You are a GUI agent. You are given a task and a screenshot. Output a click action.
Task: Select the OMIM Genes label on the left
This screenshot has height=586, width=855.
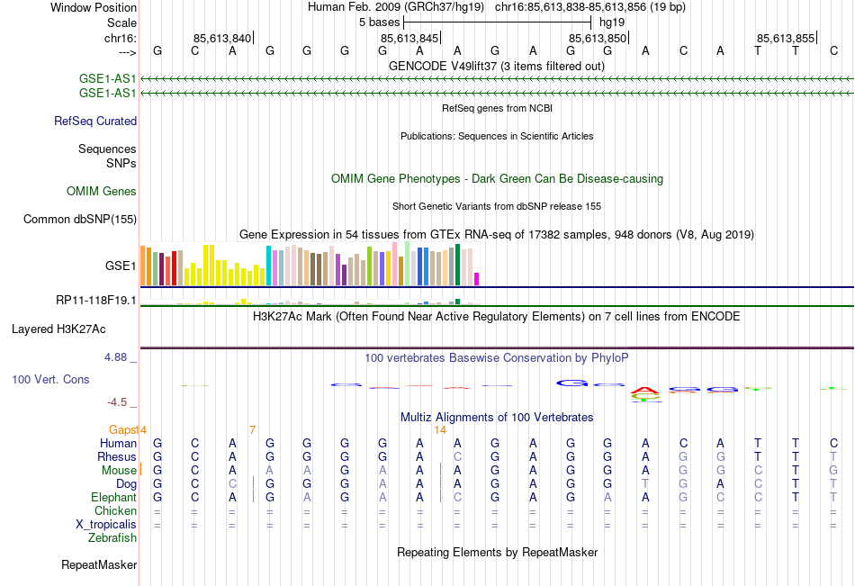coord(102,191)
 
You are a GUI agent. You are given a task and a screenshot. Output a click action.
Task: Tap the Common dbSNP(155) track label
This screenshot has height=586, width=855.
coord(80,219)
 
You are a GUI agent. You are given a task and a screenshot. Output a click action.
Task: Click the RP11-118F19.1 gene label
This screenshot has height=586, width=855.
coord(95,300)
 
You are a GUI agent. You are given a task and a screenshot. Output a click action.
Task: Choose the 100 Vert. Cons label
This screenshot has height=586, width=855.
coord(50,379)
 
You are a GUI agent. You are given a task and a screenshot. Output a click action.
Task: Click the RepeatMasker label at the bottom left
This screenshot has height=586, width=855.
coord(99,565)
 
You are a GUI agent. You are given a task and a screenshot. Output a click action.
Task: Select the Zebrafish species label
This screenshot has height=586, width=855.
coord(112,538)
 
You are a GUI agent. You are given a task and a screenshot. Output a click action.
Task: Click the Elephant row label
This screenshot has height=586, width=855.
coord(113,497)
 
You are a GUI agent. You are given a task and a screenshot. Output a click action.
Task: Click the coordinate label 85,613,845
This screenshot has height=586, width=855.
coord(409,38)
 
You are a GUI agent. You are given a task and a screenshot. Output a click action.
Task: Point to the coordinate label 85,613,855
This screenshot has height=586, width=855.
coord(785,38)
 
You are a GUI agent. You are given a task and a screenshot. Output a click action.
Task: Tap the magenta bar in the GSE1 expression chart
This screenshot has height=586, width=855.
coord(477,278)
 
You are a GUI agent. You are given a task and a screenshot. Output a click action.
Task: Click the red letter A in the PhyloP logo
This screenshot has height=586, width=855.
coord(644,392)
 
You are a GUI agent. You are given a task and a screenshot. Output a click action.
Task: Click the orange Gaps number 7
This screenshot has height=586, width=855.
coord(253,429)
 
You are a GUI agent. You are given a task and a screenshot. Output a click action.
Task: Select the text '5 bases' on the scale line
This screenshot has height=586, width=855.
coord(378,21)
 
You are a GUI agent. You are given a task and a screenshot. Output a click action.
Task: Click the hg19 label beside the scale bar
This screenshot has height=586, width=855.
coord(611,21)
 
